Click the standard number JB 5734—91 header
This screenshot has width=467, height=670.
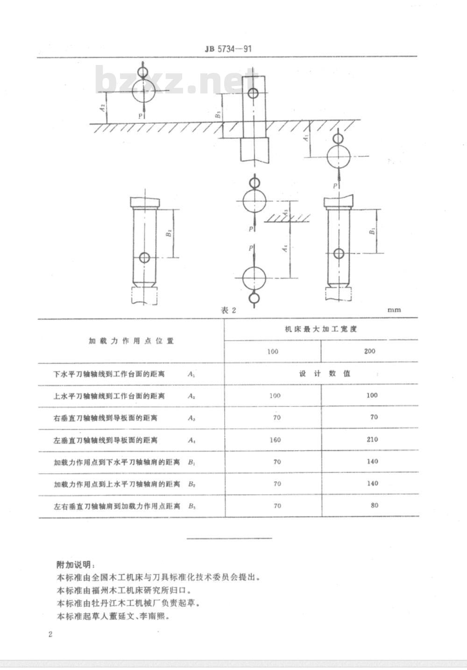point(229,48)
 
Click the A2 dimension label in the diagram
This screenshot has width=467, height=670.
point(103,108)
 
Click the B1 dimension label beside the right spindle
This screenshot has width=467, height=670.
point(372,231)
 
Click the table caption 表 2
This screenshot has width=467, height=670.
point(228,310)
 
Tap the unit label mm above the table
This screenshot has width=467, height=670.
point(394,309)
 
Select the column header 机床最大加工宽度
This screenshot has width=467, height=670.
point(321,329)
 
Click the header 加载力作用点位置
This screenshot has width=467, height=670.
point(131,341)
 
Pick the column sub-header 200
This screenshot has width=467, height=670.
point(369,351)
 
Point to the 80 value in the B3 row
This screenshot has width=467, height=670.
point(374,505)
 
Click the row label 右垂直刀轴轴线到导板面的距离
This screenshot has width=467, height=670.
point(105,418)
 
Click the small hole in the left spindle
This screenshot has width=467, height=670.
point(145,257)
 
